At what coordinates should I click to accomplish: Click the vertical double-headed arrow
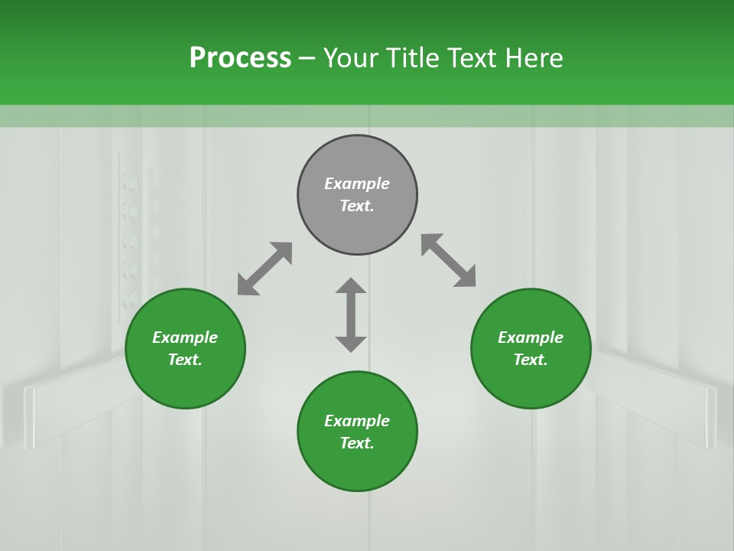coord(351,315)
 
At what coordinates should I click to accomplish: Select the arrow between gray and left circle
coord(265,269)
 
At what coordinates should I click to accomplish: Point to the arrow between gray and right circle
coord(449,260)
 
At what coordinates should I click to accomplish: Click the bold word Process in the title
coord(240,58)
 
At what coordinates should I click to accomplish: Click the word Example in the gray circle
coord(357,184)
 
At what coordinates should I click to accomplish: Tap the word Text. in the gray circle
coord(357,206)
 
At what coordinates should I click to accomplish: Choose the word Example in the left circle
coord(185,337)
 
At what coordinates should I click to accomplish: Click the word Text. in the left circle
coord(185,360)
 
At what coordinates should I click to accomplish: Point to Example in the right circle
coord(531,337)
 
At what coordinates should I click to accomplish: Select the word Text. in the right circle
coord(531,360)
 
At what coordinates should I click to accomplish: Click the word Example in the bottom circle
coord(357,421)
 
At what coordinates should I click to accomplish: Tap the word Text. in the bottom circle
coord(357,443)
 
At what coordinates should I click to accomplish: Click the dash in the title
coord(307,59)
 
